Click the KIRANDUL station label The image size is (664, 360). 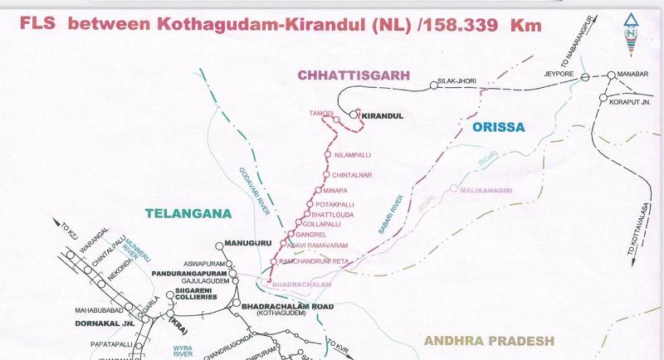383,116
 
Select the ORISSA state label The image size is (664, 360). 498,128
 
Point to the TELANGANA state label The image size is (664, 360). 187,213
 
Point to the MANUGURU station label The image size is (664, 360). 244,243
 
